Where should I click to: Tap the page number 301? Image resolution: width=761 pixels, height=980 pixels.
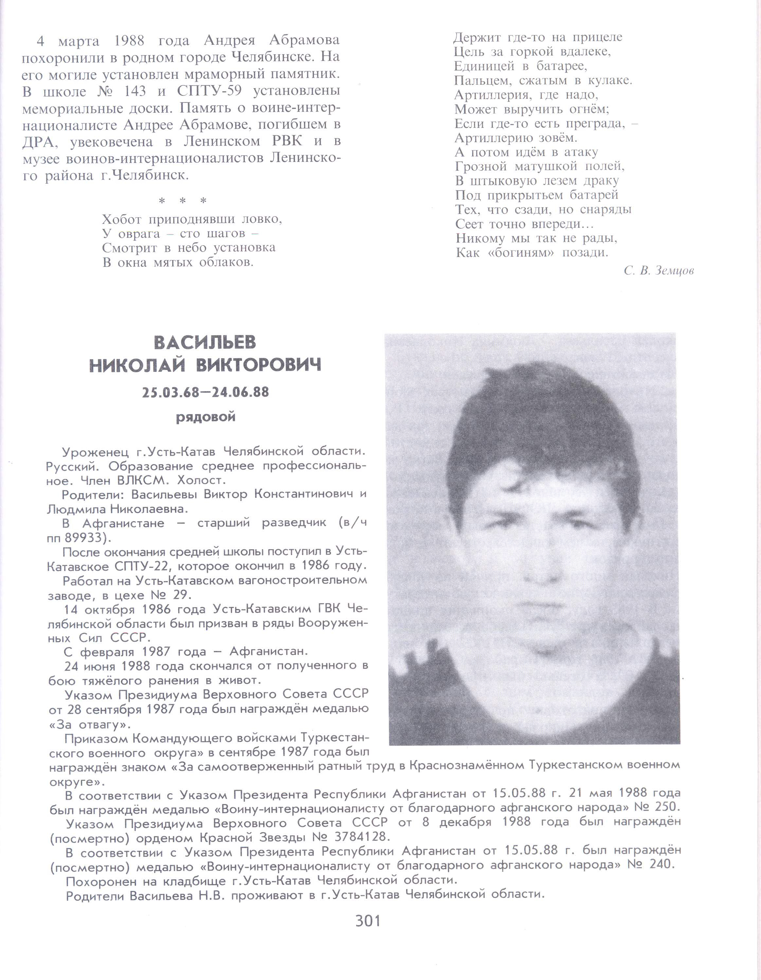click(368, 920)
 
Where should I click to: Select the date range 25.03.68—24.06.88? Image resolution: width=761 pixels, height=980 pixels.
click(206, 392)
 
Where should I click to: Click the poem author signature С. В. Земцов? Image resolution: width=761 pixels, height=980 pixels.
click(658, 271)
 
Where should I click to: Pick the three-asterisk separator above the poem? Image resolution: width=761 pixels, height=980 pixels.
click(183, 201)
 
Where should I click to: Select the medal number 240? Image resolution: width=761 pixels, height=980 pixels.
click(662, 864)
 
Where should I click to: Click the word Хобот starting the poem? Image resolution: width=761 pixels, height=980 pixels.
click(122, 219)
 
